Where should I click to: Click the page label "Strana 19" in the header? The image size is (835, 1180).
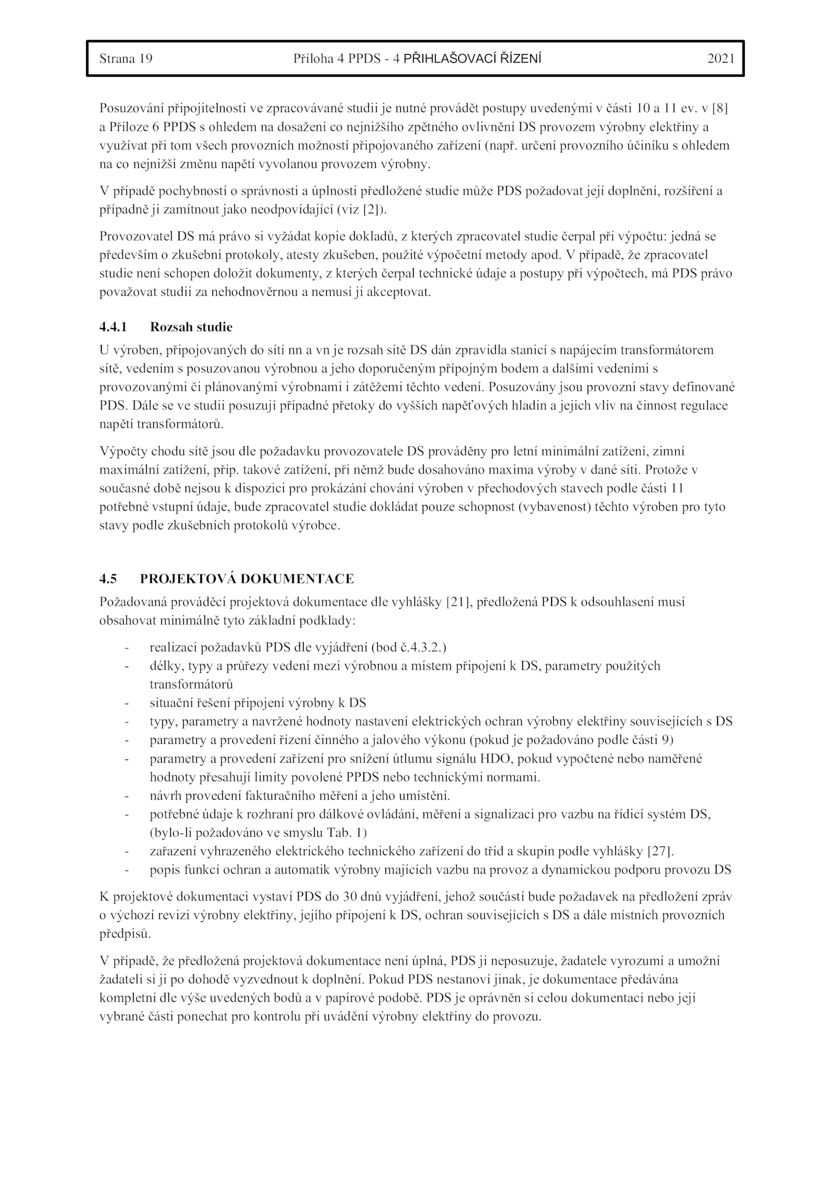coord(126,58)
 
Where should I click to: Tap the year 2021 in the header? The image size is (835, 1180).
coord(721,58)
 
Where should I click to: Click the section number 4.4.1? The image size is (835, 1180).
coord(113,327)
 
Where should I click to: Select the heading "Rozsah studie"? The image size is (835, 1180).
coord(191,327)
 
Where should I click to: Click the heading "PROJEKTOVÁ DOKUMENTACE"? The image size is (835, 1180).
coord(247,579)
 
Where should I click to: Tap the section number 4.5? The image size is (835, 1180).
coord(108,579)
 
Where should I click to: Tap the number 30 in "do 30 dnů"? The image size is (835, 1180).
coord(350,897)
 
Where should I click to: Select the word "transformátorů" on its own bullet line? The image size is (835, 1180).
coord(191,684)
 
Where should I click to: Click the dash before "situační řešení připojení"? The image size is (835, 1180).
coord(126,703)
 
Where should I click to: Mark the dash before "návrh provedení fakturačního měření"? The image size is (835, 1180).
coord(126,796)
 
